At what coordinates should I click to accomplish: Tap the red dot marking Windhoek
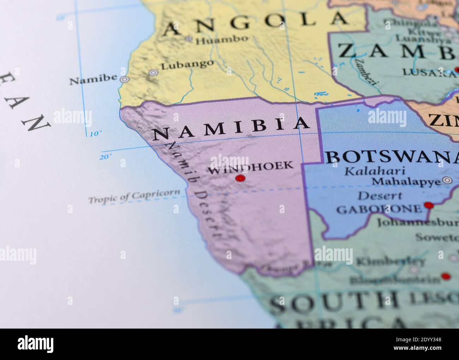tap(240, 178)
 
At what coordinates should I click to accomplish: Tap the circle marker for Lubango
tap(153, 73)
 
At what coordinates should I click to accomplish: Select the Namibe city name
tap(93, 80)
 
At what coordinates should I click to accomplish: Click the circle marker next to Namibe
tap(124, 79)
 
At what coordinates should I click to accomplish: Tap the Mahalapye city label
tap(406, 181)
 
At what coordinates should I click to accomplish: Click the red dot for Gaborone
tap(428, 205)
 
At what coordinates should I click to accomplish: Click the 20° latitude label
tap(105, 157)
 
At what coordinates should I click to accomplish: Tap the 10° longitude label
tap(95, 134)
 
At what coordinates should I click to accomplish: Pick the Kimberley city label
tap(391, 262)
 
